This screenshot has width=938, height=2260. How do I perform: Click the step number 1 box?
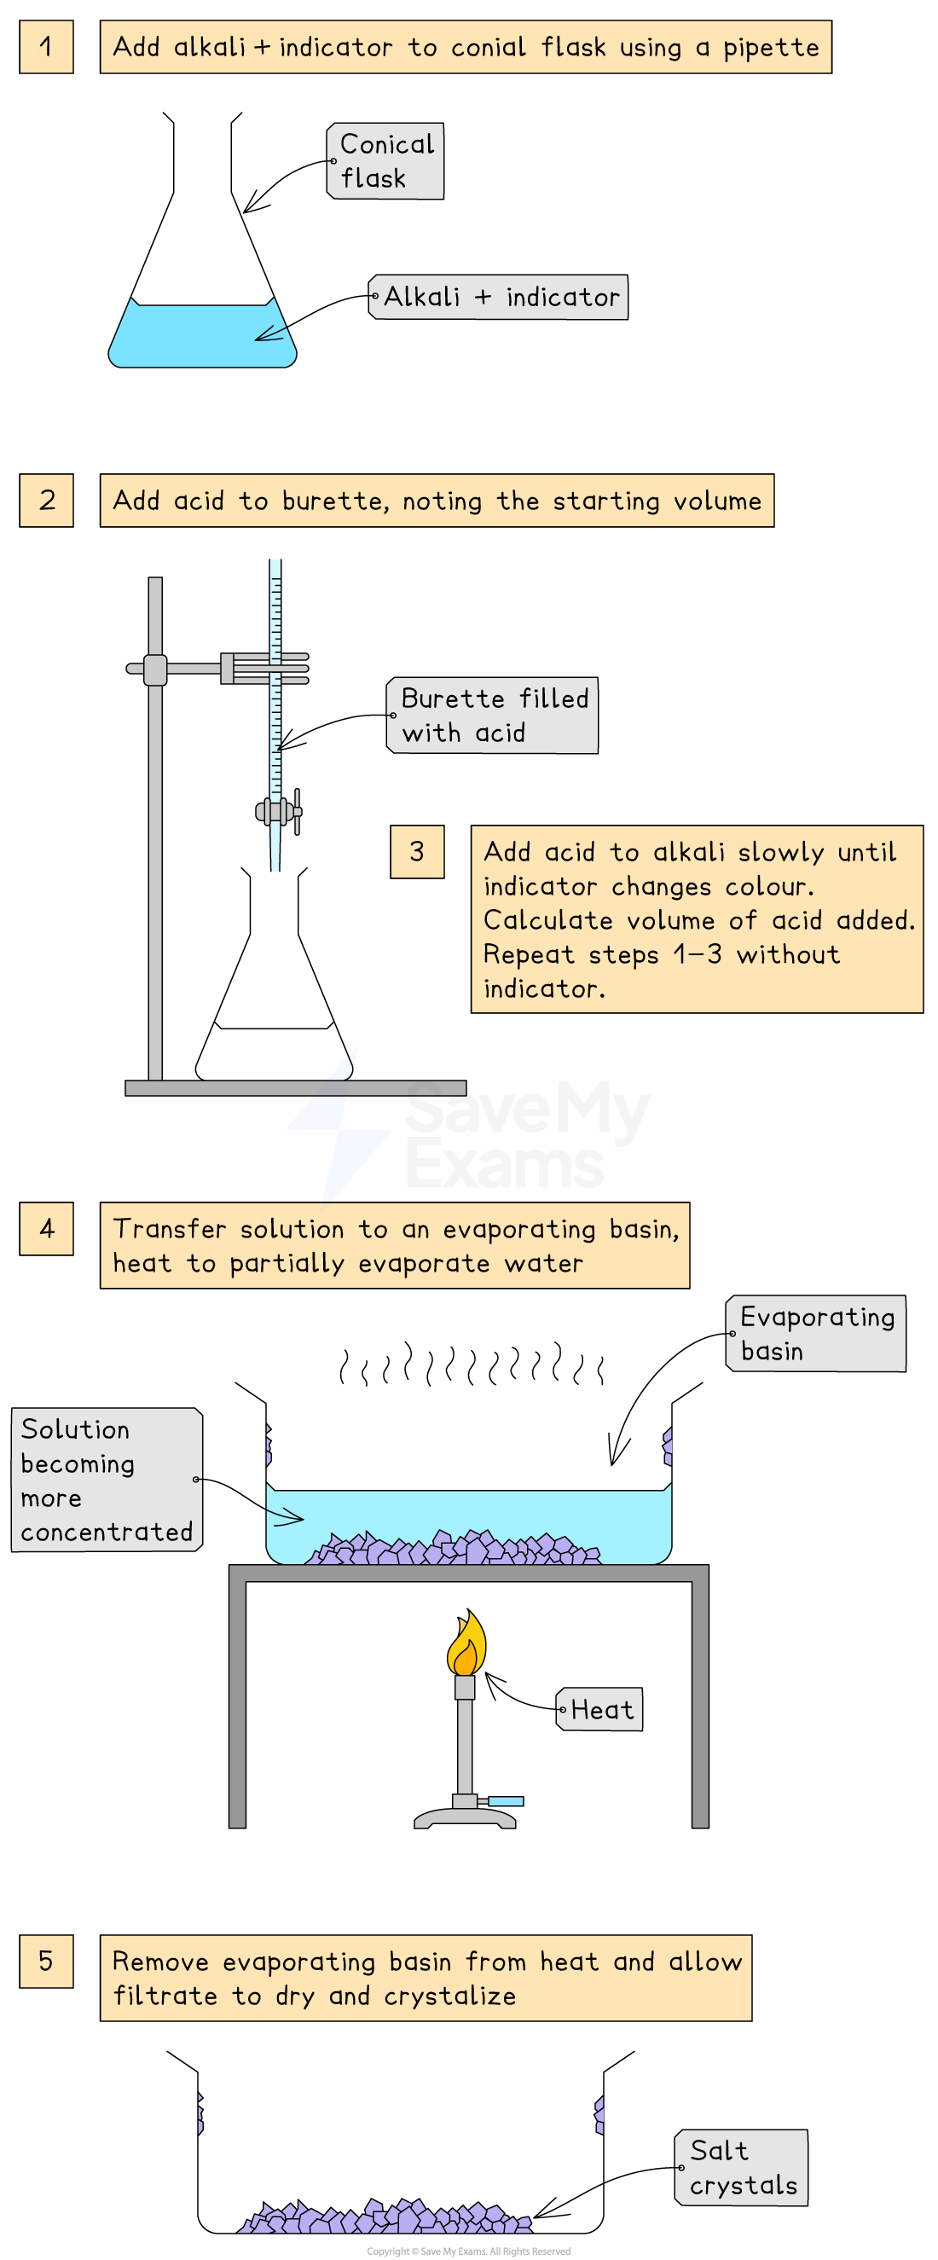[46, 47]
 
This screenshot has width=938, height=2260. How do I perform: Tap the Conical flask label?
[385, 161]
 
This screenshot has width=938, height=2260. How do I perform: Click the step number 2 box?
[46, 500]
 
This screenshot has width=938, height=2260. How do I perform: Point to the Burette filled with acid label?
[492, 715]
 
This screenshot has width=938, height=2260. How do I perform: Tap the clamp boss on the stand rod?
[155, 669]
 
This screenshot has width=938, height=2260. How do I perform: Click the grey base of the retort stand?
[295, 1088]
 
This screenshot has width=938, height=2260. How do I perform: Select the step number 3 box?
[417, 851]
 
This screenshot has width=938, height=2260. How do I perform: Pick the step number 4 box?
[46, 1228]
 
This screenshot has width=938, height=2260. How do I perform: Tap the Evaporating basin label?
[816, 1334]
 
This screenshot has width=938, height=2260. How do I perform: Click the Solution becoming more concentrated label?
[107, 1479]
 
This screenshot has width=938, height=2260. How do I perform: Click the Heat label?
[600, 1709]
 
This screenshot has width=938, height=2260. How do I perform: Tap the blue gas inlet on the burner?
[506, 1801]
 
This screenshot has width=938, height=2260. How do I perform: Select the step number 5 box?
[46, 1961]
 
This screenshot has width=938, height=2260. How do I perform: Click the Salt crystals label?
[742, 2167]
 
